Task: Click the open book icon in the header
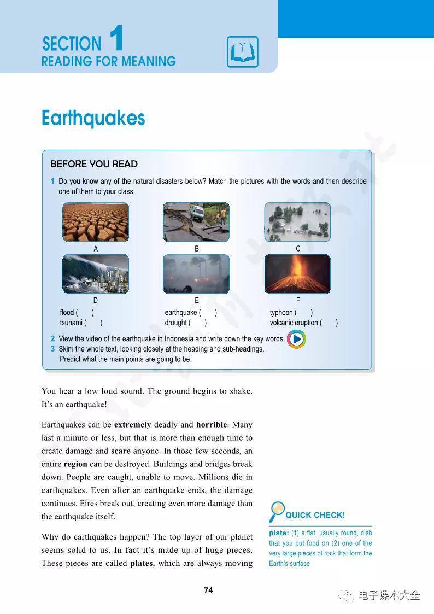coord(242,52)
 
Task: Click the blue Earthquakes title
coord(93,118)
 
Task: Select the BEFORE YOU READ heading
coord(94,164)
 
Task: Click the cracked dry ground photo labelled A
coord(96,222)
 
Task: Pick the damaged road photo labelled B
coord(196,222)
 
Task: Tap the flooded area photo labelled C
coord(297,222)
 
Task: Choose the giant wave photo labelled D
coord(96,273)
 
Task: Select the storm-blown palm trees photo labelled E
coord(196,273)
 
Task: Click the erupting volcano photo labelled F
coord(297,273)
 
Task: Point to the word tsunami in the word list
coord(71,323)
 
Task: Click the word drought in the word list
coord(176,323)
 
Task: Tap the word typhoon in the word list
coord(281,313)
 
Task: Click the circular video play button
coord(296,340)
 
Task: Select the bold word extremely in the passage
coord(132,425)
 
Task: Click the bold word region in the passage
coord(75,464)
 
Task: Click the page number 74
coord(208,590)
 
